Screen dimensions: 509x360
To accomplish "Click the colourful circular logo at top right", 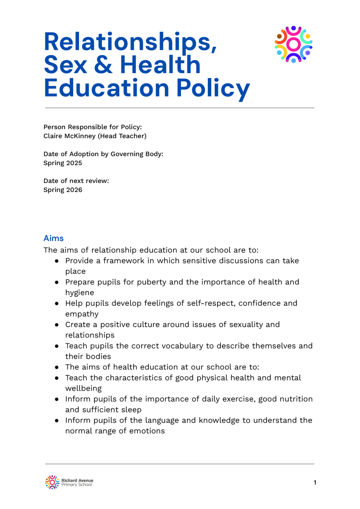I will (x=293, y=44).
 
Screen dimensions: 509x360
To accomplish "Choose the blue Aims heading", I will (x=54, y=238).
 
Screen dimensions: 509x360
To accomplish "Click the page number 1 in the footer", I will (x=315, y=482).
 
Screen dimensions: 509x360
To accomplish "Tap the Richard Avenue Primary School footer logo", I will (x=69, y=482).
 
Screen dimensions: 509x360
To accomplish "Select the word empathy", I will (x=82, y=314).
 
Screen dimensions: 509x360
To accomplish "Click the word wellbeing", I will (x=83, y=388).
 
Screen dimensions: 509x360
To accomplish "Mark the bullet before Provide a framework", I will (x=58, y=260).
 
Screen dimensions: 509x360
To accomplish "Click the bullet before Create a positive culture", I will (x=58, y=325).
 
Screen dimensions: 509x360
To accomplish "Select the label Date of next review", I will (x=76, y=180).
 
